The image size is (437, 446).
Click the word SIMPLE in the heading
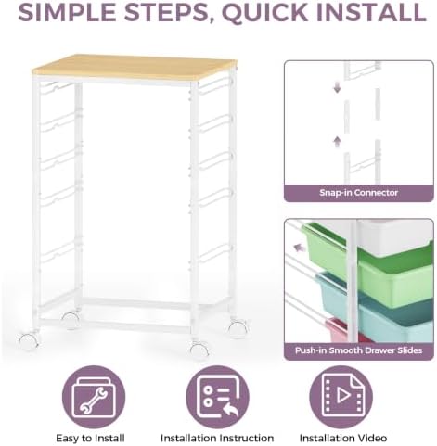point(67,12)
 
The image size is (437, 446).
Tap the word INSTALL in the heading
point(371,12)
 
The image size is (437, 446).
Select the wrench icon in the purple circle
point(94,397)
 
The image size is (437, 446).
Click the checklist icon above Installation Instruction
point(217,397)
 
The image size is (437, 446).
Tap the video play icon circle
point(341,397)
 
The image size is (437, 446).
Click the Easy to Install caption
point(90,438)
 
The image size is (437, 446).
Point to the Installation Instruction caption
point(217,438)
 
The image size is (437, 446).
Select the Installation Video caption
point(343,438)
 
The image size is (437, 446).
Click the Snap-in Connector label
point(358,193)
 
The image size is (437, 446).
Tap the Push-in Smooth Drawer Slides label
point(358,350)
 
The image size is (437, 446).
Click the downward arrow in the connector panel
point(337,87)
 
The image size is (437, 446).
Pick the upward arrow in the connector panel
point(337,141)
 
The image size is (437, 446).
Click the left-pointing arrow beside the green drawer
point(298,248)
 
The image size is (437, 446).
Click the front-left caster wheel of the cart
point(29,340)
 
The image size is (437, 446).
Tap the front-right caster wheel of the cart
point(199,348)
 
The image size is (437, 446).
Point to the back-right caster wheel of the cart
point(238,328)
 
